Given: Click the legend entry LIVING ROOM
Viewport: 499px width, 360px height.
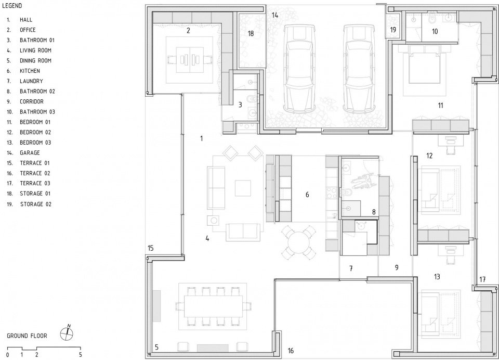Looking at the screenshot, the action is [35, 50].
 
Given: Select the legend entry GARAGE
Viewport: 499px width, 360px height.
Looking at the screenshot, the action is [30, 152].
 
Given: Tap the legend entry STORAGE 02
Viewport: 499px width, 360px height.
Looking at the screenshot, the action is [36, 204].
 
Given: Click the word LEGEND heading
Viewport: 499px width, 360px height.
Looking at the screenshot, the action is [12, 6].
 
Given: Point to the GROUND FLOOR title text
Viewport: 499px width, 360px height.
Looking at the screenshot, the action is [27, 336].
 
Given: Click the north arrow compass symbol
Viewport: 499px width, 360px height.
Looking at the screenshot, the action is [67, 333].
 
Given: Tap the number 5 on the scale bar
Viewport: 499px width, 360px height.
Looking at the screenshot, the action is [80, 355].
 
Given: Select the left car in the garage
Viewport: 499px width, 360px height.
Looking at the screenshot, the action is [299, 69].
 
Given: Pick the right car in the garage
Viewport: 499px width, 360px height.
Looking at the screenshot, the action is [359, 69].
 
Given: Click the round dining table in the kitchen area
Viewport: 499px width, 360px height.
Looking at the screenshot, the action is [298, 242].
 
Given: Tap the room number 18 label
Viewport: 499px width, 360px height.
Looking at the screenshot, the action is [251, 33].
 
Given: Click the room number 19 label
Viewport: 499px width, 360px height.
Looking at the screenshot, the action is [393, 30].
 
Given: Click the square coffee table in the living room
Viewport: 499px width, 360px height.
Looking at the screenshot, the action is [243, 188].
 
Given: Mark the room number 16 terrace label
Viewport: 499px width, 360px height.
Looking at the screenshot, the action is [291, 351].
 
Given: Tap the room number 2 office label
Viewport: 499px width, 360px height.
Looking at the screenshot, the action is [188, 31].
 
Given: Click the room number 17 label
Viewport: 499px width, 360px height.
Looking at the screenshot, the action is [482, 279].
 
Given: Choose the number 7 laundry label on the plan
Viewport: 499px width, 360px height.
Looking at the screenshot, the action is [351, 268].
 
